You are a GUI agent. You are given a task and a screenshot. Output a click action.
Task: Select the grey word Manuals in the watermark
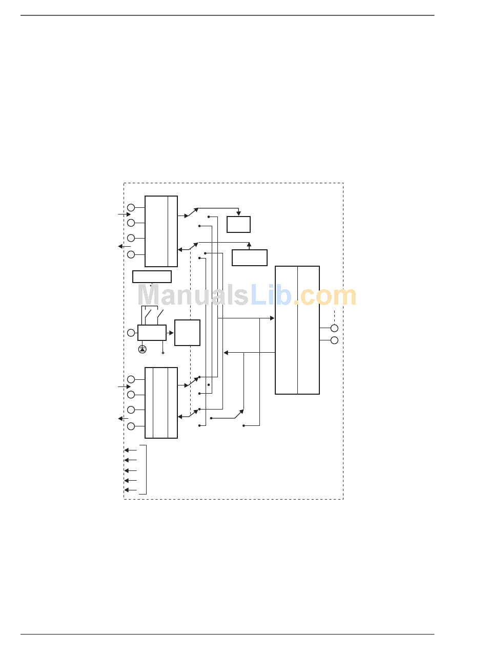pos(193,295)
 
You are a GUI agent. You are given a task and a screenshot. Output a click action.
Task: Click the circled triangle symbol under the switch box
pos(143,349)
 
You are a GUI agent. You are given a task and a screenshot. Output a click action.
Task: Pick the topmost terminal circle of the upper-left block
pos(131,207)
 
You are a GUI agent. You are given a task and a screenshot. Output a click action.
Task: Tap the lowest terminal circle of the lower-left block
pos(131,426)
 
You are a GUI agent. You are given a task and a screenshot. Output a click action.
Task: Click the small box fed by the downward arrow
pos(238,224)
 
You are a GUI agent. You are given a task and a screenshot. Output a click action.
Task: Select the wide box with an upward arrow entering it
pos(250,257)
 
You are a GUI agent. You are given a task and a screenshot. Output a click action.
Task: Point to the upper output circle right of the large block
pos(334,328)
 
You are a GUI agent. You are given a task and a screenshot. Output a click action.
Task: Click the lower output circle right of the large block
pos(334,340)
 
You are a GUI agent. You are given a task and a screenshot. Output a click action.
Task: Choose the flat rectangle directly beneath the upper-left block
pos(152,276)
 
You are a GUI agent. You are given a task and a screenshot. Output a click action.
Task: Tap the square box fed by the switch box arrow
pos(187,333)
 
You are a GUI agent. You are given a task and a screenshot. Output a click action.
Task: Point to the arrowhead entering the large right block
pos(272,318)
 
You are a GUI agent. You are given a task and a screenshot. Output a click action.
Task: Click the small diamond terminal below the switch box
pos(163,353)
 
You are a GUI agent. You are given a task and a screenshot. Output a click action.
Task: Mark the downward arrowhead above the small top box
pos(238,213)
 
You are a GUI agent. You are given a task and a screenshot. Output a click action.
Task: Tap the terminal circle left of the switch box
pos(131,333)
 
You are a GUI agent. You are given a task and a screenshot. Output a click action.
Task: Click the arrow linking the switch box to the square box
pos(170,333)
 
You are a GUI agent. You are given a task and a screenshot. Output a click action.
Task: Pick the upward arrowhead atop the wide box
pos(249,245)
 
